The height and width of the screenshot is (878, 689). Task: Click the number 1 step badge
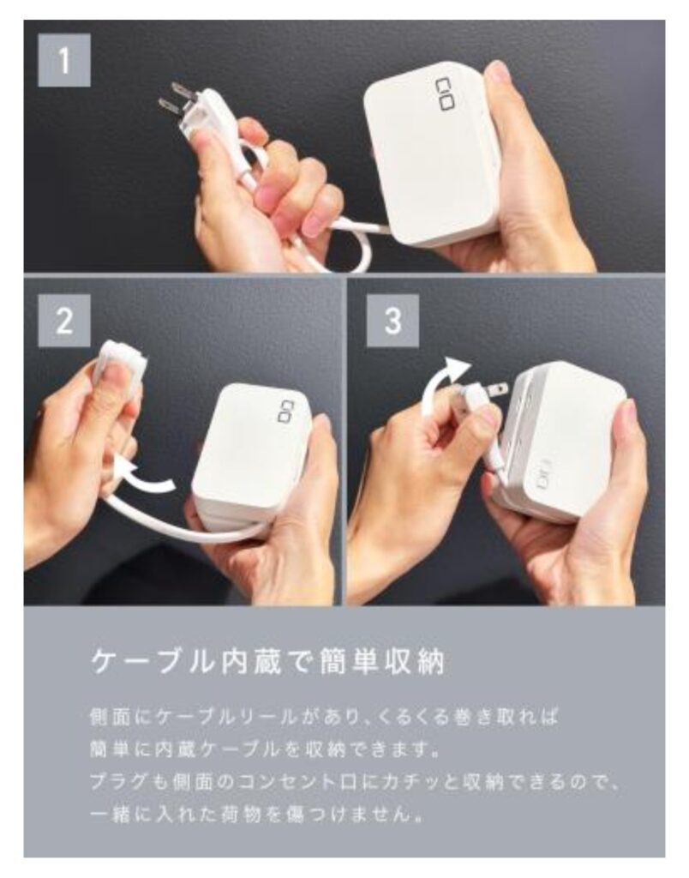[x=63, y=60]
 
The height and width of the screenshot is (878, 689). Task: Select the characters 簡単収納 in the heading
[x=386, y=664]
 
